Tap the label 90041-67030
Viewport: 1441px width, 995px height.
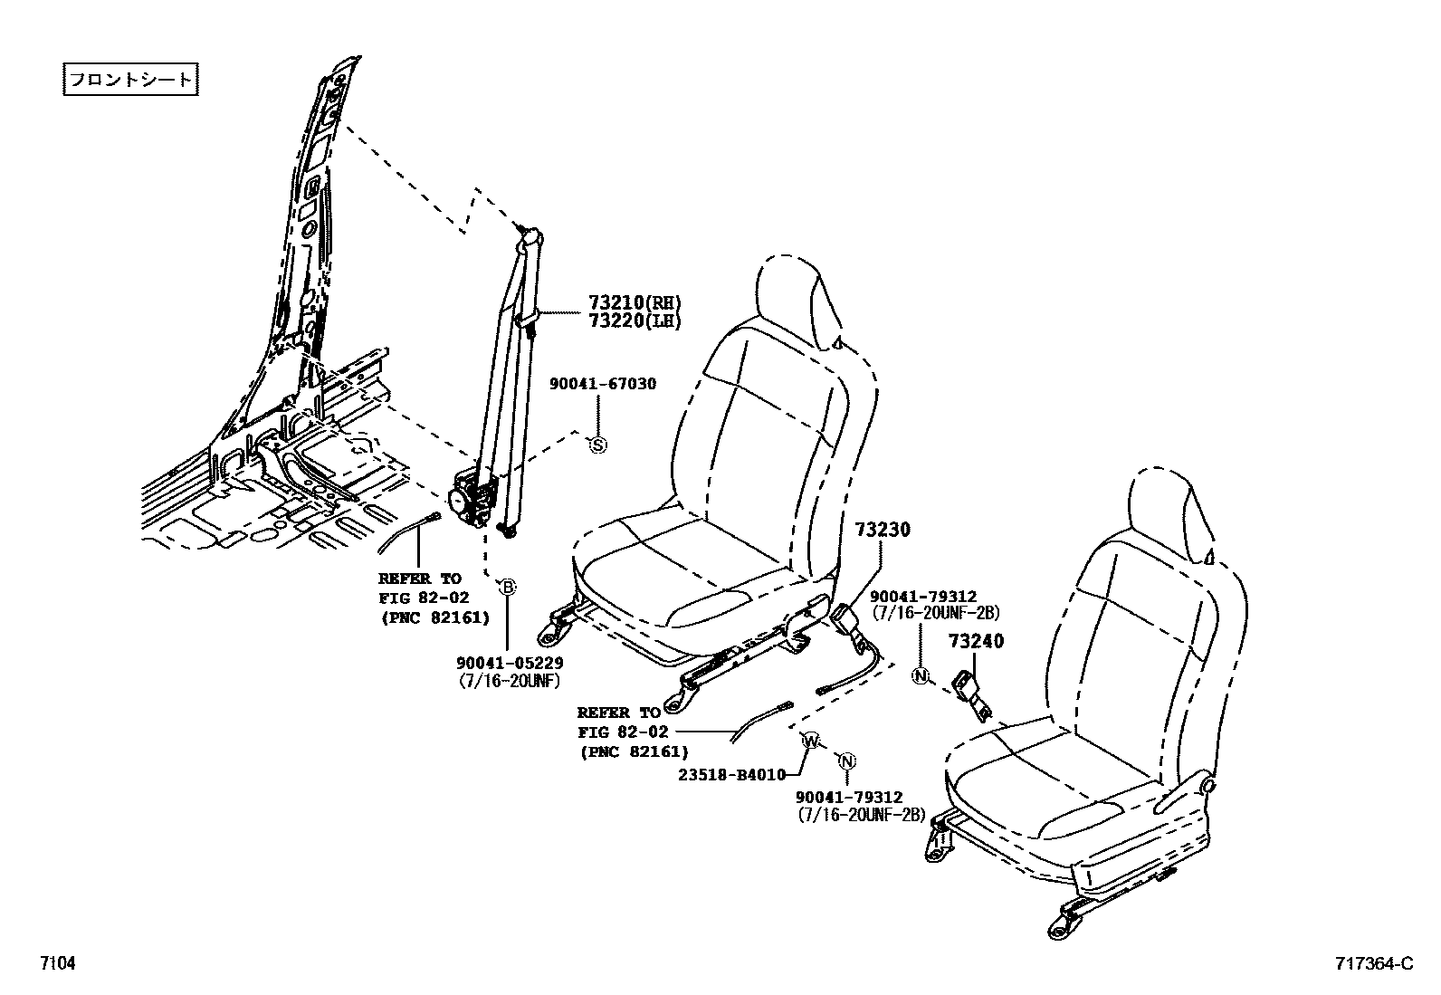[603, 384]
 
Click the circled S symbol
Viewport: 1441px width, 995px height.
[597, 445]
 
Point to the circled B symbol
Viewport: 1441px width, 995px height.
[508, 587]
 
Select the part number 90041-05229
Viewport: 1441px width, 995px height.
[510, 664]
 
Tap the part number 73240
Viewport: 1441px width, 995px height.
[976, 642]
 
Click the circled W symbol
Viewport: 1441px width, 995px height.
[812, 741]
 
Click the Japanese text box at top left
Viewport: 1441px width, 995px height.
[130, 80]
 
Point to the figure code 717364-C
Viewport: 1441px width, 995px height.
[1372, 963]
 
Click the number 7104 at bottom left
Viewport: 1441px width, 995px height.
[56, 963]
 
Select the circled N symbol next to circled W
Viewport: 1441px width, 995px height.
[847, 761]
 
